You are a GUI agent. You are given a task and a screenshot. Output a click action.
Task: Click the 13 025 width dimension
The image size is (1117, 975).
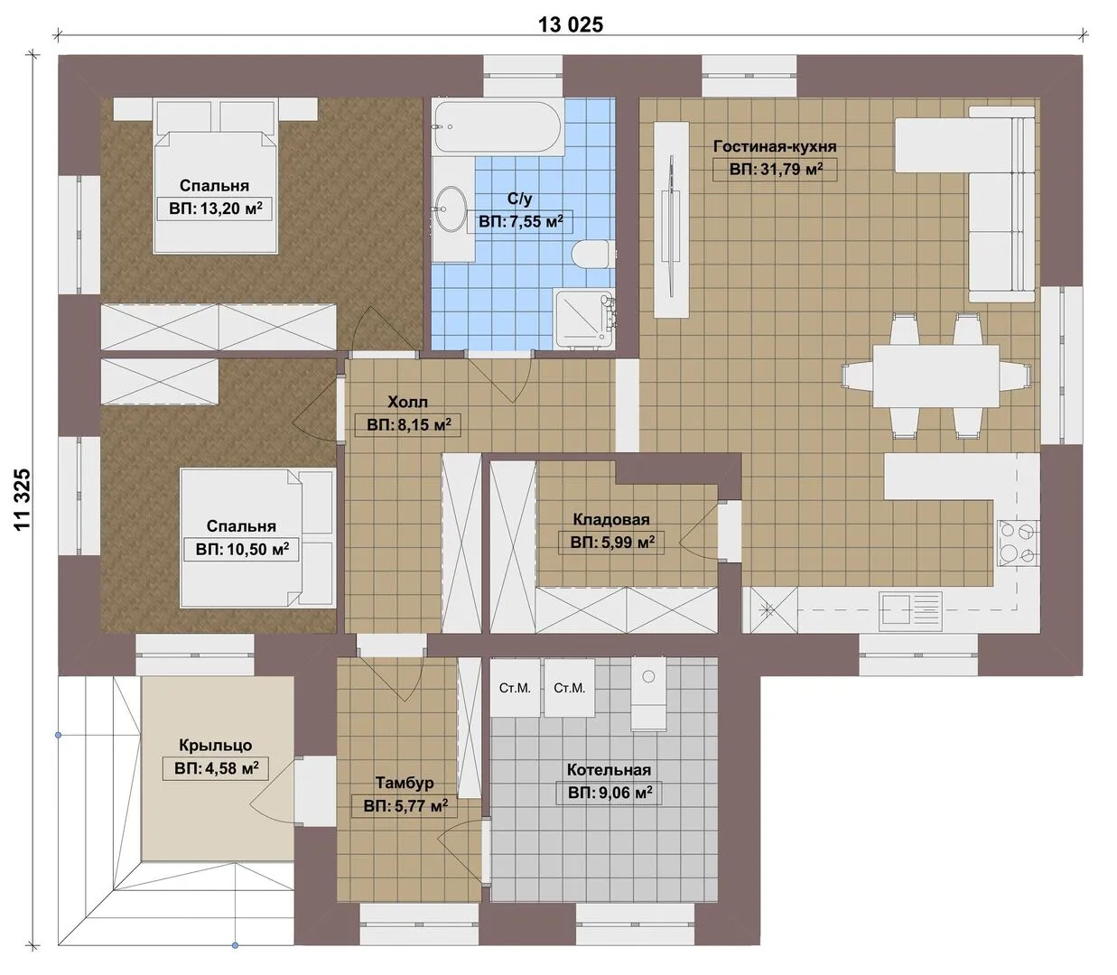click(571, 24)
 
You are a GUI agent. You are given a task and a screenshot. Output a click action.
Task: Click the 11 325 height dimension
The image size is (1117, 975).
click(23, 499)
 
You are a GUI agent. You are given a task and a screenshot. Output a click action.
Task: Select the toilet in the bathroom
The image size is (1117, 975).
click(591, 254)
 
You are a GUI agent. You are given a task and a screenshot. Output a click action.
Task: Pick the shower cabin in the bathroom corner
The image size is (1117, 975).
click(584, 318)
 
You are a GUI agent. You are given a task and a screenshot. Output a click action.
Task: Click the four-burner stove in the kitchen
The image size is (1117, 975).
click(1019, 543)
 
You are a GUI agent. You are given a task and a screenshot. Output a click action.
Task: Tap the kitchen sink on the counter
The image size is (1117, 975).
click(910, 609)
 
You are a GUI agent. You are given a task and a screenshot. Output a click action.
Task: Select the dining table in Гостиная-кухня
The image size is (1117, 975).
click(935, 376)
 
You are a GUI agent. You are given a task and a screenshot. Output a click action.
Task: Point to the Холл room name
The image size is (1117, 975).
click(407, 402)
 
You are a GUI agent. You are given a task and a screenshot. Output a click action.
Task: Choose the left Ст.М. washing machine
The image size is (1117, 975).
click(515, 687)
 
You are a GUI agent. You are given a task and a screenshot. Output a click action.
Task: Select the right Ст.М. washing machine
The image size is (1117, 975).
click(570, 687)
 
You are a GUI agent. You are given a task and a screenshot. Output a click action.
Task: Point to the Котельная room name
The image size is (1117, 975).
click(609, 770)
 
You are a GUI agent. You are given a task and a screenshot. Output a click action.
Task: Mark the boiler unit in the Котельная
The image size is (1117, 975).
click(648, 693)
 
